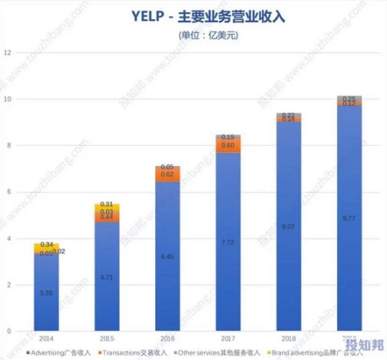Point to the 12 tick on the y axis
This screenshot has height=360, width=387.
tap(8, 52)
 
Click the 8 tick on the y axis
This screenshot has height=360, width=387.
tap(8, 146)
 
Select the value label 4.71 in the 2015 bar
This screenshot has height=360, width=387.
tap(107, 276)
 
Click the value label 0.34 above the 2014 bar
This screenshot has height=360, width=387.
tap(46, 244)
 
